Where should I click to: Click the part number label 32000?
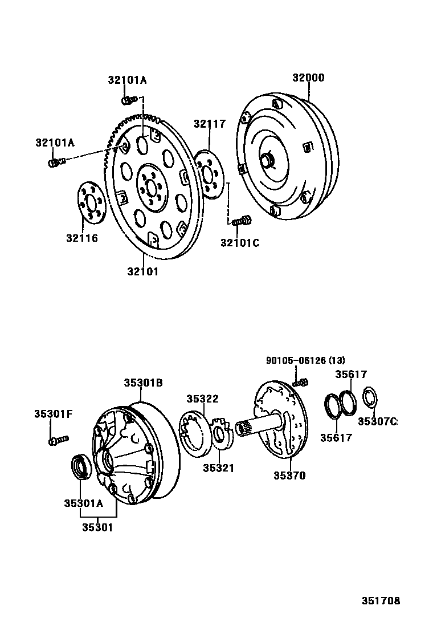tap(308, 78)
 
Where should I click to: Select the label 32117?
tap(209, 124)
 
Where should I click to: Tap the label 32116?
tap(81, 238)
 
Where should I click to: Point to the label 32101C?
tap(239, 243)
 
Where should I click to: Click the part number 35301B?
tap(144, 383)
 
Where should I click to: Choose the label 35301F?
tap(53, 414)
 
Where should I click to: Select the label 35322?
tap(203, 399)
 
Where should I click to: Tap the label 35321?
tap(219, 468)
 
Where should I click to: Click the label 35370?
tap(289, 475)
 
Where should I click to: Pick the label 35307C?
tap(377, 421)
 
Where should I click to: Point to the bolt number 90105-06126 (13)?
tap(305, 360)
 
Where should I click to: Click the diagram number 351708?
tap(381, 601)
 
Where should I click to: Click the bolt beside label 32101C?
tap(242, 220)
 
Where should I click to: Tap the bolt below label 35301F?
tap(58, 440)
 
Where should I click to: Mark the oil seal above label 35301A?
tap(80, 466)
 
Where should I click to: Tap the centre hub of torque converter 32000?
tap(267, 160)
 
